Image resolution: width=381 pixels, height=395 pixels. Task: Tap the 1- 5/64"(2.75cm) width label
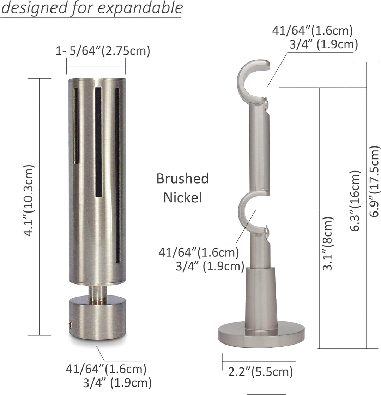pos(103,51)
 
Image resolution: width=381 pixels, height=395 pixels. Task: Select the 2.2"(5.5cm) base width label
pos(261,372)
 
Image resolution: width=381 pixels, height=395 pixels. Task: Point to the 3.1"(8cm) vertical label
pos(328,244)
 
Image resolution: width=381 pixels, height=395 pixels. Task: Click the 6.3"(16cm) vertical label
pos(356,201)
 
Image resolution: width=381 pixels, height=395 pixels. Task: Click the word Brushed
pos(183,179)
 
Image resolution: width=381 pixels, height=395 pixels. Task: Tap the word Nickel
pos(183,198)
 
